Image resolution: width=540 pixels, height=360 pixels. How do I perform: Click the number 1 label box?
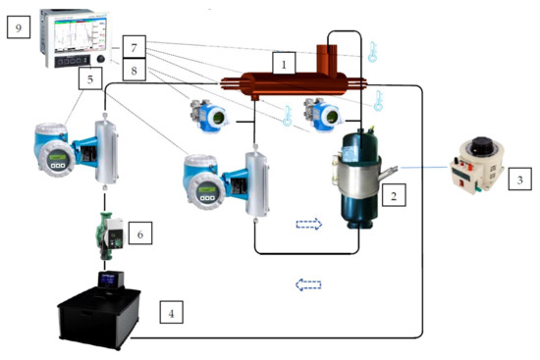click(x=283, y=62)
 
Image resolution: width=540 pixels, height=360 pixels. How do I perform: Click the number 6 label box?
click(x=142, y=235)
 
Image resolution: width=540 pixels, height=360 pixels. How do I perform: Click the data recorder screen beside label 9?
click(x=71, y=28)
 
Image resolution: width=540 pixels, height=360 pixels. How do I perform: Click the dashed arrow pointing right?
click(x=309, y=224)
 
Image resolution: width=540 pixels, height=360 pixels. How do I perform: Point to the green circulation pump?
click(x=107, y=235)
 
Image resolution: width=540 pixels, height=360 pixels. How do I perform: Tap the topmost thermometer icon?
click(x=373, y=52)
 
